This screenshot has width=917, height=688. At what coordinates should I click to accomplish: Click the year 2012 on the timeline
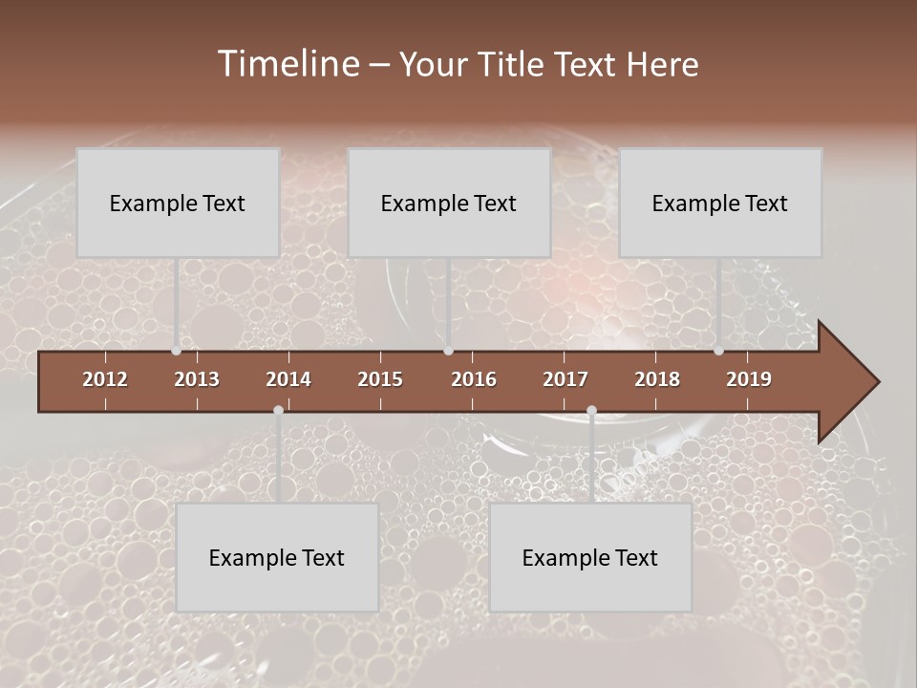105,379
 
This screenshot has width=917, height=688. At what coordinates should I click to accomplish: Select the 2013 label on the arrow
197,379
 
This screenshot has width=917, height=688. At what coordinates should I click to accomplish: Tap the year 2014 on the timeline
288,379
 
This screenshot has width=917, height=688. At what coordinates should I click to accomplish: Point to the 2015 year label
380,379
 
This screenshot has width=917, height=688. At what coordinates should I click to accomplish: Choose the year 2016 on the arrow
474,379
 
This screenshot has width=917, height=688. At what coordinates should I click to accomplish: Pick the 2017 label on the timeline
565,379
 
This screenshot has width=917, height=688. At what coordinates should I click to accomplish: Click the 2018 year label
657,379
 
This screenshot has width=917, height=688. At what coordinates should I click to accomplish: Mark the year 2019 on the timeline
749,379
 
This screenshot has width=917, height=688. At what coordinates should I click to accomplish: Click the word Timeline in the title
288,64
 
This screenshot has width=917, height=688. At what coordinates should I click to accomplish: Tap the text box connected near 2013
178,203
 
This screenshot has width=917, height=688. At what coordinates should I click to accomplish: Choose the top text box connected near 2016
449,203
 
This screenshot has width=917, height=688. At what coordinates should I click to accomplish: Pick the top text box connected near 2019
720,203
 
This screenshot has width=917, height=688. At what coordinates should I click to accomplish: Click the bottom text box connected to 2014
277,557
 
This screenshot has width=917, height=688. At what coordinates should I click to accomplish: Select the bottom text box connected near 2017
590,557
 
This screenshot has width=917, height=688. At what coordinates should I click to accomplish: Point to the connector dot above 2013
177,351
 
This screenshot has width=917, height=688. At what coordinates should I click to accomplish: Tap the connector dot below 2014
278,410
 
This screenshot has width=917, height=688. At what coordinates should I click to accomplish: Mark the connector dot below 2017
591,410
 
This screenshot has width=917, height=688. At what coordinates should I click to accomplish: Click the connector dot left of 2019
718,351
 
